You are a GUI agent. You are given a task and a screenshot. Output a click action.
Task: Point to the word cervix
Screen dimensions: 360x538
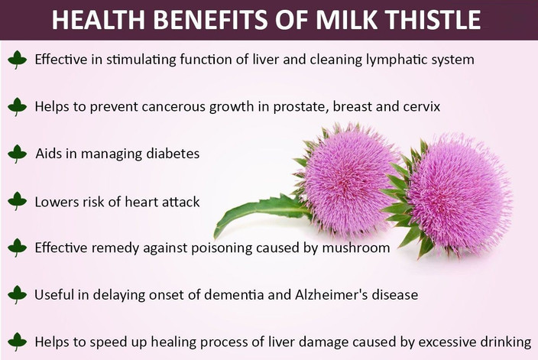[x=423, y=106]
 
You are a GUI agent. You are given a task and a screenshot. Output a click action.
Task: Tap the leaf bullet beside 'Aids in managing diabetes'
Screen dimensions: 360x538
[x=17, y=154]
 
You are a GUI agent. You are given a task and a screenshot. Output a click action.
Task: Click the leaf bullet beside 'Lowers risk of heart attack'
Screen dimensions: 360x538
[x=17, y=201]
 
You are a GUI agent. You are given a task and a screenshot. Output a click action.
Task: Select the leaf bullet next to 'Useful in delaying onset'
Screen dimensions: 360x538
[x=17, y=294]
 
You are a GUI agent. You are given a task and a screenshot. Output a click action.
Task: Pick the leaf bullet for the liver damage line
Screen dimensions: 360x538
[x=17, y=342]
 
